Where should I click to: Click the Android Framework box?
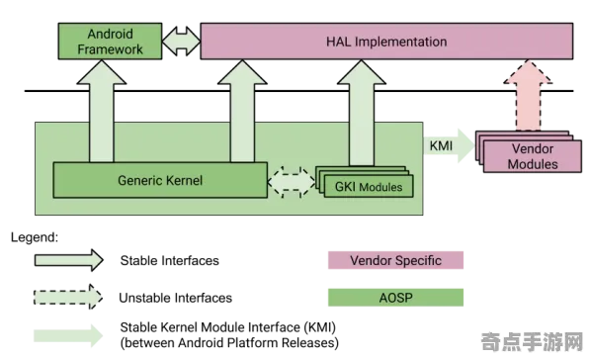(110, 41)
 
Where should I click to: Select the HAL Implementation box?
(386, 41)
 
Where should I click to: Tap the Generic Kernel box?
(160, 180)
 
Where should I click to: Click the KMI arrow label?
(441, 145)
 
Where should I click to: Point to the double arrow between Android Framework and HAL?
(182, 41)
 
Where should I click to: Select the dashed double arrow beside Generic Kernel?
(292, 182)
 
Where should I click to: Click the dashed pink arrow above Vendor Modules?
(528, 96)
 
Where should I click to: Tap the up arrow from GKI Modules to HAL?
(362, 113)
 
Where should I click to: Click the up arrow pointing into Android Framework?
(102, 111)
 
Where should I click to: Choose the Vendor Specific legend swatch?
(395, 260)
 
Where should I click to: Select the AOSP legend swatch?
(395, 298)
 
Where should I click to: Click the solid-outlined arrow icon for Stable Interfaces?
(69, 260)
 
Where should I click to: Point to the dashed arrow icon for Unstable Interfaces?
(68, 297)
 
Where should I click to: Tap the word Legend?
(35, 237)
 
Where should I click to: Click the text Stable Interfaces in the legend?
(169, 260)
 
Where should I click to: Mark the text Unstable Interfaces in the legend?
(176, 298)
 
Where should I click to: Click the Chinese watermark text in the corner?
(532, 341)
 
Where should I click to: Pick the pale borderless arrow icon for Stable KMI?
(68, 335)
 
